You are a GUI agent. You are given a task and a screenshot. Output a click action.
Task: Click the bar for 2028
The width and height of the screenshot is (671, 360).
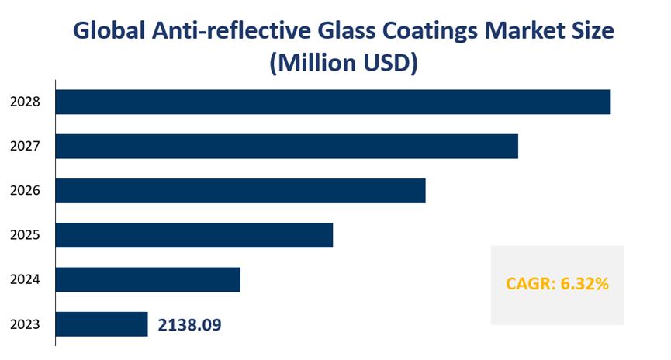point(334,102)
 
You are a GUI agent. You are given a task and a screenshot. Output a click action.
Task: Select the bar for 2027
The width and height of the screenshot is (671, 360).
point(287,146)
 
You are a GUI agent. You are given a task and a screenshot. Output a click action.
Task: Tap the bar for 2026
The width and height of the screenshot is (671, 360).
point(241,191)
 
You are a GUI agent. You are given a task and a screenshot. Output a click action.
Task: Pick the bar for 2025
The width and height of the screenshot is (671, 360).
point(195,235)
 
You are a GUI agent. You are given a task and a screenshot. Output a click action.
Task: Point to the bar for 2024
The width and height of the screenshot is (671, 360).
point(148,279)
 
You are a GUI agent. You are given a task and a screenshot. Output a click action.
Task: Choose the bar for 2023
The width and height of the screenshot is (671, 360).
point(102,324)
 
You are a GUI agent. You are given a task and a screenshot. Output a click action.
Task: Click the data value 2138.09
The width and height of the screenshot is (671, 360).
point(190,324)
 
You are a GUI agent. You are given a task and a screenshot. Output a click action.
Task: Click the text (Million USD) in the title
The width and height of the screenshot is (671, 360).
point(344,63)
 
